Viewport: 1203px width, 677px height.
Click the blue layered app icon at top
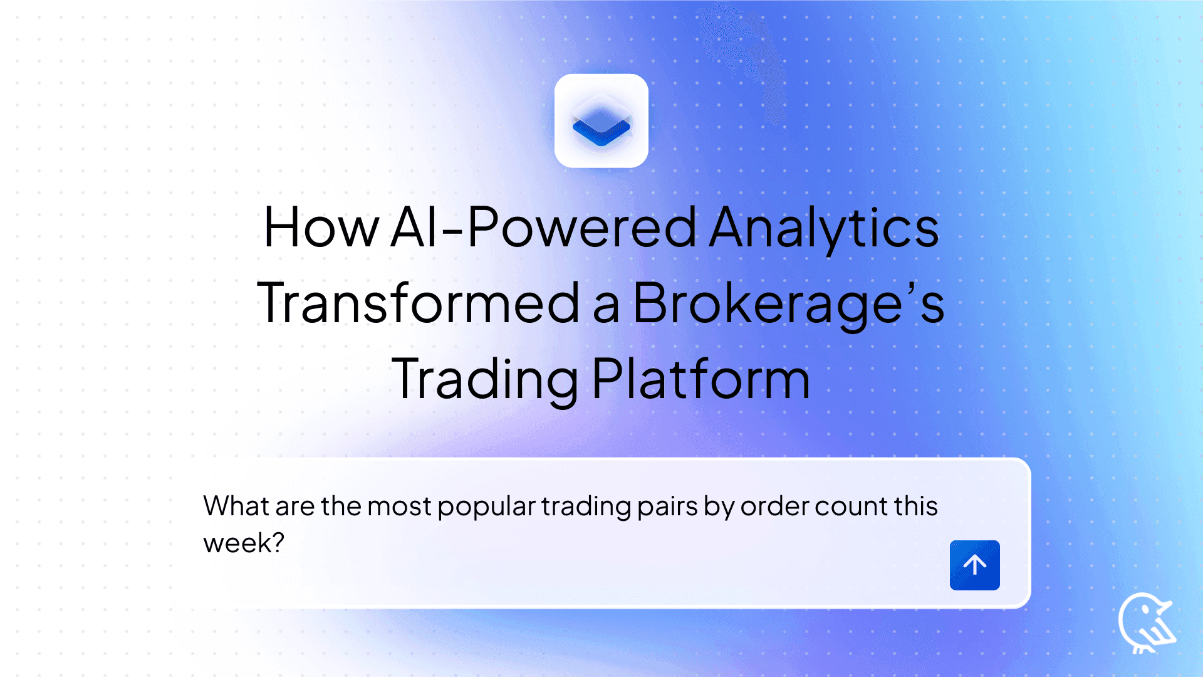601,121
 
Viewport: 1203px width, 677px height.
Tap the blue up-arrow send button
974,565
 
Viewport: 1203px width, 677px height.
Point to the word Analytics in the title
824,228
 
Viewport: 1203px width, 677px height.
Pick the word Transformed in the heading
419,303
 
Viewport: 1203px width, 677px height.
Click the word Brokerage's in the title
788,303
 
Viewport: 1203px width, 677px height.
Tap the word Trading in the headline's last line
485,379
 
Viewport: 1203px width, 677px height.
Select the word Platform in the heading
700,379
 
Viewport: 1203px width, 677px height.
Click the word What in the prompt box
236,506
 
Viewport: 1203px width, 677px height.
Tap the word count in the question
851,506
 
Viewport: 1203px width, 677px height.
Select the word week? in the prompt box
244,543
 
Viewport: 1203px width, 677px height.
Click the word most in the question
399,506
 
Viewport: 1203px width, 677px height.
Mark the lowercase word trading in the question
586,506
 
